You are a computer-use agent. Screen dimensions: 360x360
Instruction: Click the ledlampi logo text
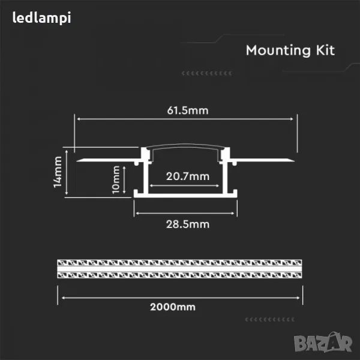41,18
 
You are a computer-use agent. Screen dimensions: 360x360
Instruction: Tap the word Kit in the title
325,50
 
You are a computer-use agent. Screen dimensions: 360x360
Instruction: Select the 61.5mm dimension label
188,110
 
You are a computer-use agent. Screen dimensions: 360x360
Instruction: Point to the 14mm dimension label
58,172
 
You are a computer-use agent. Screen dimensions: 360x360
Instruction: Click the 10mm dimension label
116,179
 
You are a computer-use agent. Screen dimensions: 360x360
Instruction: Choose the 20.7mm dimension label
188,176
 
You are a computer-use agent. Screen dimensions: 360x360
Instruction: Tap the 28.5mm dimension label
188,224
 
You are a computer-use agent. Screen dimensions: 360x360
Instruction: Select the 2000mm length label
173,307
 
